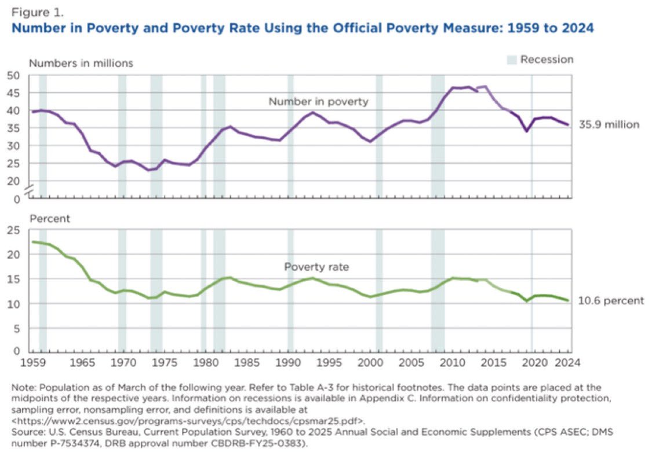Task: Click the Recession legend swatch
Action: [511, 60]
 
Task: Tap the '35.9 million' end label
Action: [609, 124]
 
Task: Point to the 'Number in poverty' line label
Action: [318, 102]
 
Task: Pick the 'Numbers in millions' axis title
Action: [81, 63]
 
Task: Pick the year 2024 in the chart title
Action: [578, 28]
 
